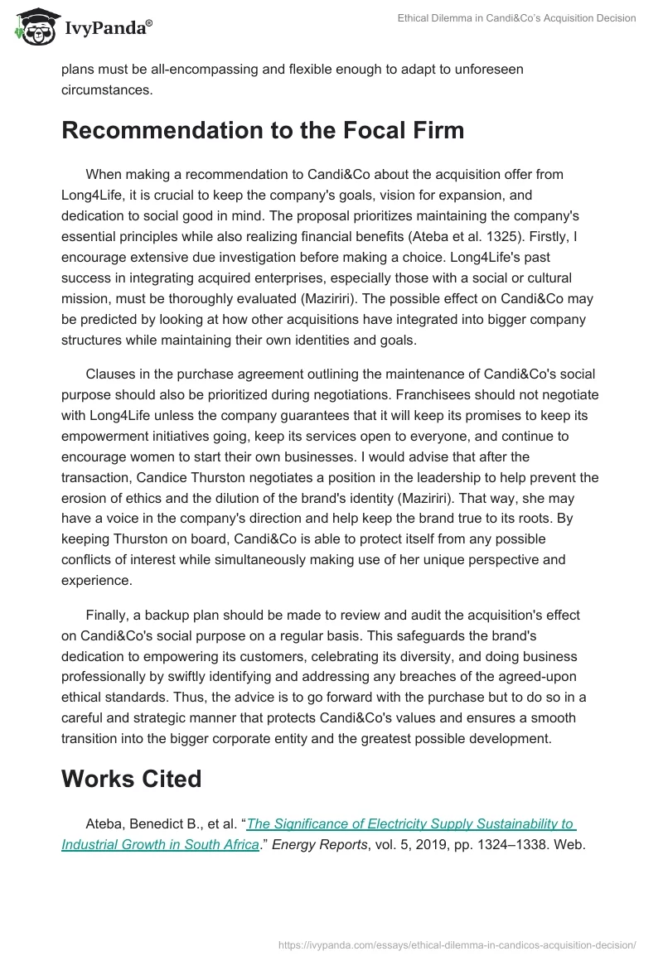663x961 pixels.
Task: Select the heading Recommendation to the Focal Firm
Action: (x=263, y=131)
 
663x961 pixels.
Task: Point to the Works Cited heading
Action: (x=132, y=779)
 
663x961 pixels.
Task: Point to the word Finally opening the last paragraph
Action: (x=109, y=615)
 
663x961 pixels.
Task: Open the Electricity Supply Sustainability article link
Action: (x=410, y=824)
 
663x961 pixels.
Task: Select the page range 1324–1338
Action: (x=500, y=846)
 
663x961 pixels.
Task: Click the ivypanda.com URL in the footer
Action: (x=457, y=944)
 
